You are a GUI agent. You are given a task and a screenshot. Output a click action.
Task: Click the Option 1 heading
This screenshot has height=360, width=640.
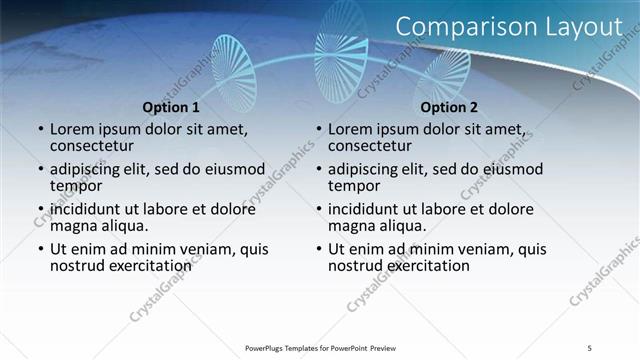point(171,107)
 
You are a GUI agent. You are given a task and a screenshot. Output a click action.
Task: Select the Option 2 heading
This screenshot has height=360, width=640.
point(449,107)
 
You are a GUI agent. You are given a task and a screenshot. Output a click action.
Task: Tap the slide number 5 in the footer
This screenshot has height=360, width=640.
point(589,347)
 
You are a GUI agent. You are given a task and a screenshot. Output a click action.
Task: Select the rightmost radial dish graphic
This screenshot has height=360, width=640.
point(442,75)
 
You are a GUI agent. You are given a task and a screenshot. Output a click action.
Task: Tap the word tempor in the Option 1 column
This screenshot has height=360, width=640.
point(75,186)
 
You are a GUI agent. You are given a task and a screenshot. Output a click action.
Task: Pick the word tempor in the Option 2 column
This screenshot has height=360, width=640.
point(353,186)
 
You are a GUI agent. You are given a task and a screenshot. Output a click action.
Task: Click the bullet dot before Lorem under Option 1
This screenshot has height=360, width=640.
point(41,130)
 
